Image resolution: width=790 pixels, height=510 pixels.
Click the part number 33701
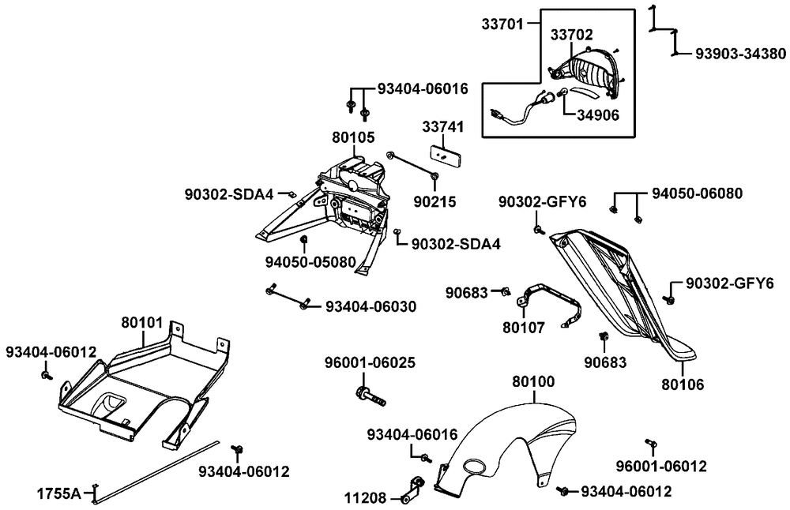click(502, 24)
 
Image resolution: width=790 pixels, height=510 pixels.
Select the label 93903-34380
click(740, 54)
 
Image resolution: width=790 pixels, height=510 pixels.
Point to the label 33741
click(442, 127)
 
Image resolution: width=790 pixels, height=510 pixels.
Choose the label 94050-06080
click(698, 193)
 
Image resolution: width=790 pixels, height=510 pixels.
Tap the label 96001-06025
click(370, 363)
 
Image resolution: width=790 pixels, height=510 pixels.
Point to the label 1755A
click(58, 494)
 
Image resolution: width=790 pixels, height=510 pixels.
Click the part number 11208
click(366, 498)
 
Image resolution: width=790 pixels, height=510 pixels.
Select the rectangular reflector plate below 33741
click(445, 153)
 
